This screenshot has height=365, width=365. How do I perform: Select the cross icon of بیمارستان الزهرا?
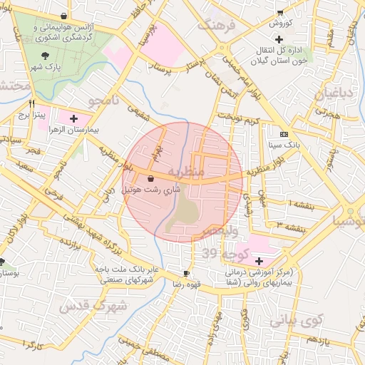coord(73,115)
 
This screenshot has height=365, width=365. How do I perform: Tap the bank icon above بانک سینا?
coord(284,135)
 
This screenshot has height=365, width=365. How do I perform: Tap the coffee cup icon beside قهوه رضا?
coord(186,273)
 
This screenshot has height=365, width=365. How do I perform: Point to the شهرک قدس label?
coord(93,307)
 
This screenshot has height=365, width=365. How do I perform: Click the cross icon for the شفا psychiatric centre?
coord(259,262)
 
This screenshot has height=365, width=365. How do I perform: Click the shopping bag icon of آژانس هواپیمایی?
coord(65,16)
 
